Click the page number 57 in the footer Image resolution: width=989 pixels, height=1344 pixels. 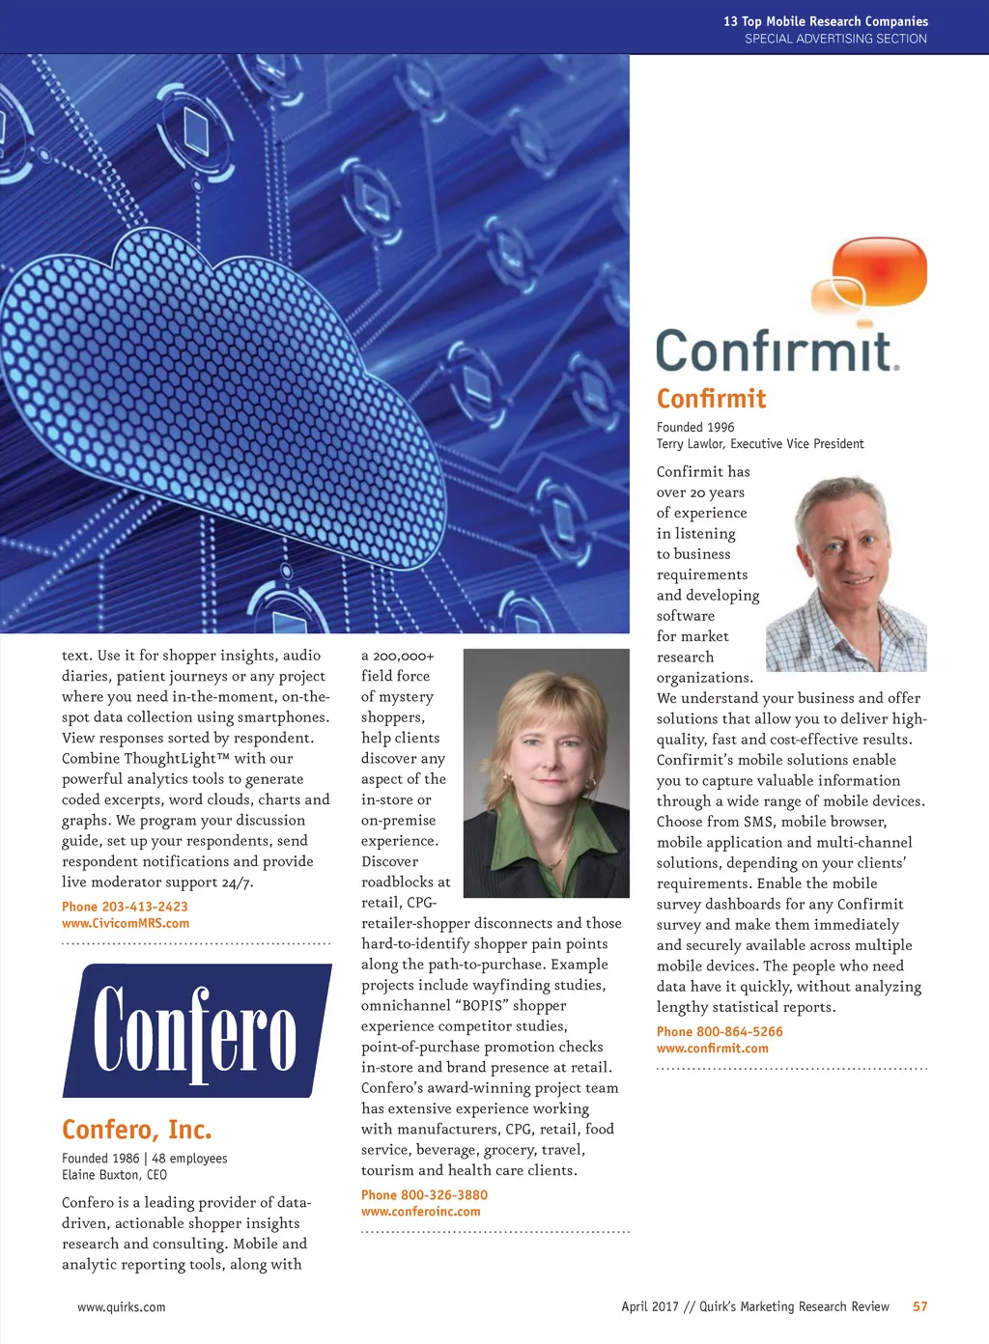tap(919, 1306)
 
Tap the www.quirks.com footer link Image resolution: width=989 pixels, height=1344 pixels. tap(121, 1307)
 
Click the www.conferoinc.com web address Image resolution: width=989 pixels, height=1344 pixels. tap(420, 1212)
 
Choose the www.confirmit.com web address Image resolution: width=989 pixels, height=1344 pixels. tap(712, 1049)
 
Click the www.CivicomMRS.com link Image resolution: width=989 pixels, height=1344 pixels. tap(125, 923)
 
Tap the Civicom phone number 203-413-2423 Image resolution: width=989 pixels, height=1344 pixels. tap(144, 907)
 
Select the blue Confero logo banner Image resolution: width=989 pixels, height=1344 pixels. tap(196, 1029)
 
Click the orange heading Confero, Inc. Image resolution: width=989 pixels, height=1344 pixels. tap(136, 1129)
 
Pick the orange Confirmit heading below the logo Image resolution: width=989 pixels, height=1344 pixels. tap(711, 399)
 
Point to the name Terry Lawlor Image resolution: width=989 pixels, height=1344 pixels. tap(690, 444)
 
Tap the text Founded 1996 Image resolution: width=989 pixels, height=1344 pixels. tap(695, 427)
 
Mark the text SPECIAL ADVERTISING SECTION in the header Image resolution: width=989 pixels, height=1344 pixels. tap(835, 39)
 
